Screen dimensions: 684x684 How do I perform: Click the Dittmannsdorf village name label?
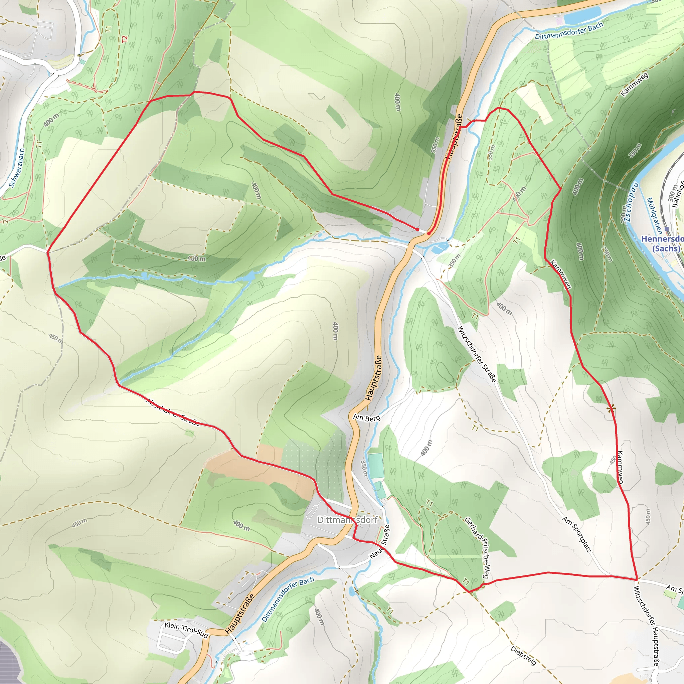click(347, 520)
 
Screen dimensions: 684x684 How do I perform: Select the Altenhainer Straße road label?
click(173, 412)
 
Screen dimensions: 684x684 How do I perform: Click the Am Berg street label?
click(367, 418)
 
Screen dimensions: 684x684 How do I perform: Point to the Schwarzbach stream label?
click(17, 168)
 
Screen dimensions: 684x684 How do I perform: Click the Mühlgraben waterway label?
click(654, 216)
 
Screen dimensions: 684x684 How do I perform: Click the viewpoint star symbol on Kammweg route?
click(611, 409)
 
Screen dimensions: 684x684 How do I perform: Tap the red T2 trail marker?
click(124, 39)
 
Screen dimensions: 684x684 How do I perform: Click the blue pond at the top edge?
click(582, 15)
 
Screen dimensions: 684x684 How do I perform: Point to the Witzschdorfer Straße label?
click(477, 354)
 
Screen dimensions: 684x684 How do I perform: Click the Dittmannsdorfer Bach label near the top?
click(568, 31)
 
